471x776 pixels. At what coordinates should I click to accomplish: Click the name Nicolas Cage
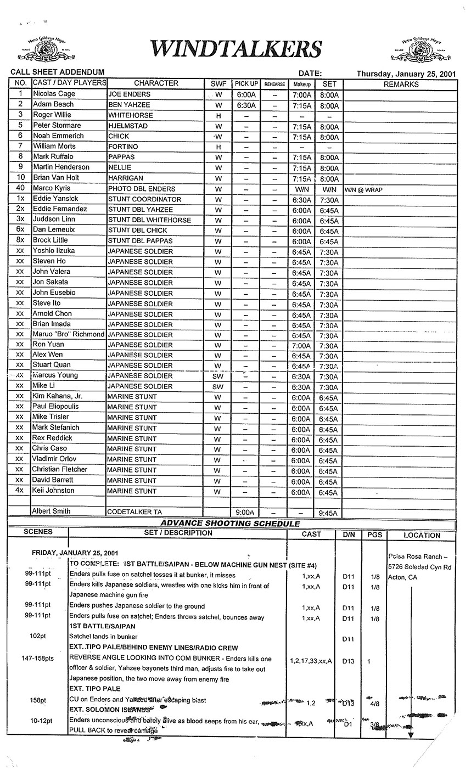tap(54, 94)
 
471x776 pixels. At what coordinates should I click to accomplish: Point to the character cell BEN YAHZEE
tap(129, 104)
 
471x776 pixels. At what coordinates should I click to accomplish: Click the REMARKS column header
tap(401, 84)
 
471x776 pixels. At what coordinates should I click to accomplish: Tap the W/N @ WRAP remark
tap(365, 189)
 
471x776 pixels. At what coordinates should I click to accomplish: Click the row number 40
tap(20, 188)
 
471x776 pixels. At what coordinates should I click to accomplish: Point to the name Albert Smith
tap(52, 511)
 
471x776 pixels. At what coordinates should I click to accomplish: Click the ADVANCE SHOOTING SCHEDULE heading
tap(230, 524)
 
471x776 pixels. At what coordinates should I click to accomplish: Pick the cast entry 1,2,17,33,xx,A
tap(311, 661)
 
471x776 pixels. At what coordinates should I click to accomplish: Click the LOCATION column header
tap(422, 535)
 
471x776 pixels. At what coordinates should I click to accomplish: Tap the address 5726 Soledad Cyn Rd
tap(419, 566)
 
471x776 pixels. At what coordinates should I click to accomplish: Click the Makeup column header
tap(301, 84)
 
